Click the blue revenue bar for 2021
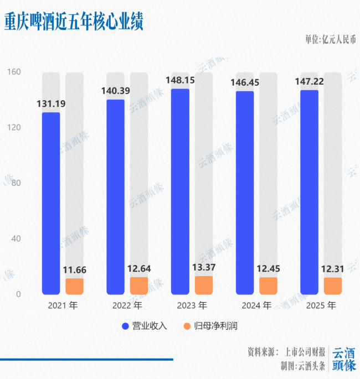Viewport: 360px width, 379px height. (51, 203)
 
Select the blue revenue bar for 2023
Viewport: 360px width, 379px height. (180, 191)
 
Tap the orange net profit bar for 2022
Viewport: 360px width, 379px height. (139, 285)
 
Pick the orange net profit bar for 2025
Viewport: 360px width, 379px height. (333, 285)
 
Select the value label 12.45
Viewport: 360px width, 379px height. (268, 269)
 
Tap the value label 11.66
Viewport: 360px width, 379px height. (74, 271)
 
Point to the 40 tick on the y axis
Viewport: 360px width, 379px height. (16, 238)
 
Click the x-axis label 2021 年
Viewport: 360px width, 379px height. (63, 305)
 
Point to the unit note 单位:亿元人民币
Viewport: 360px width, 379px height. (330, 40)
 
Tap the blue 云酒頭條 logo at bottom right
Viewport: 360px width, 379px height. (344, 359)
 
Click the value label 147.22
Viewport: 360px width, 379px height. (309, 81)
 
